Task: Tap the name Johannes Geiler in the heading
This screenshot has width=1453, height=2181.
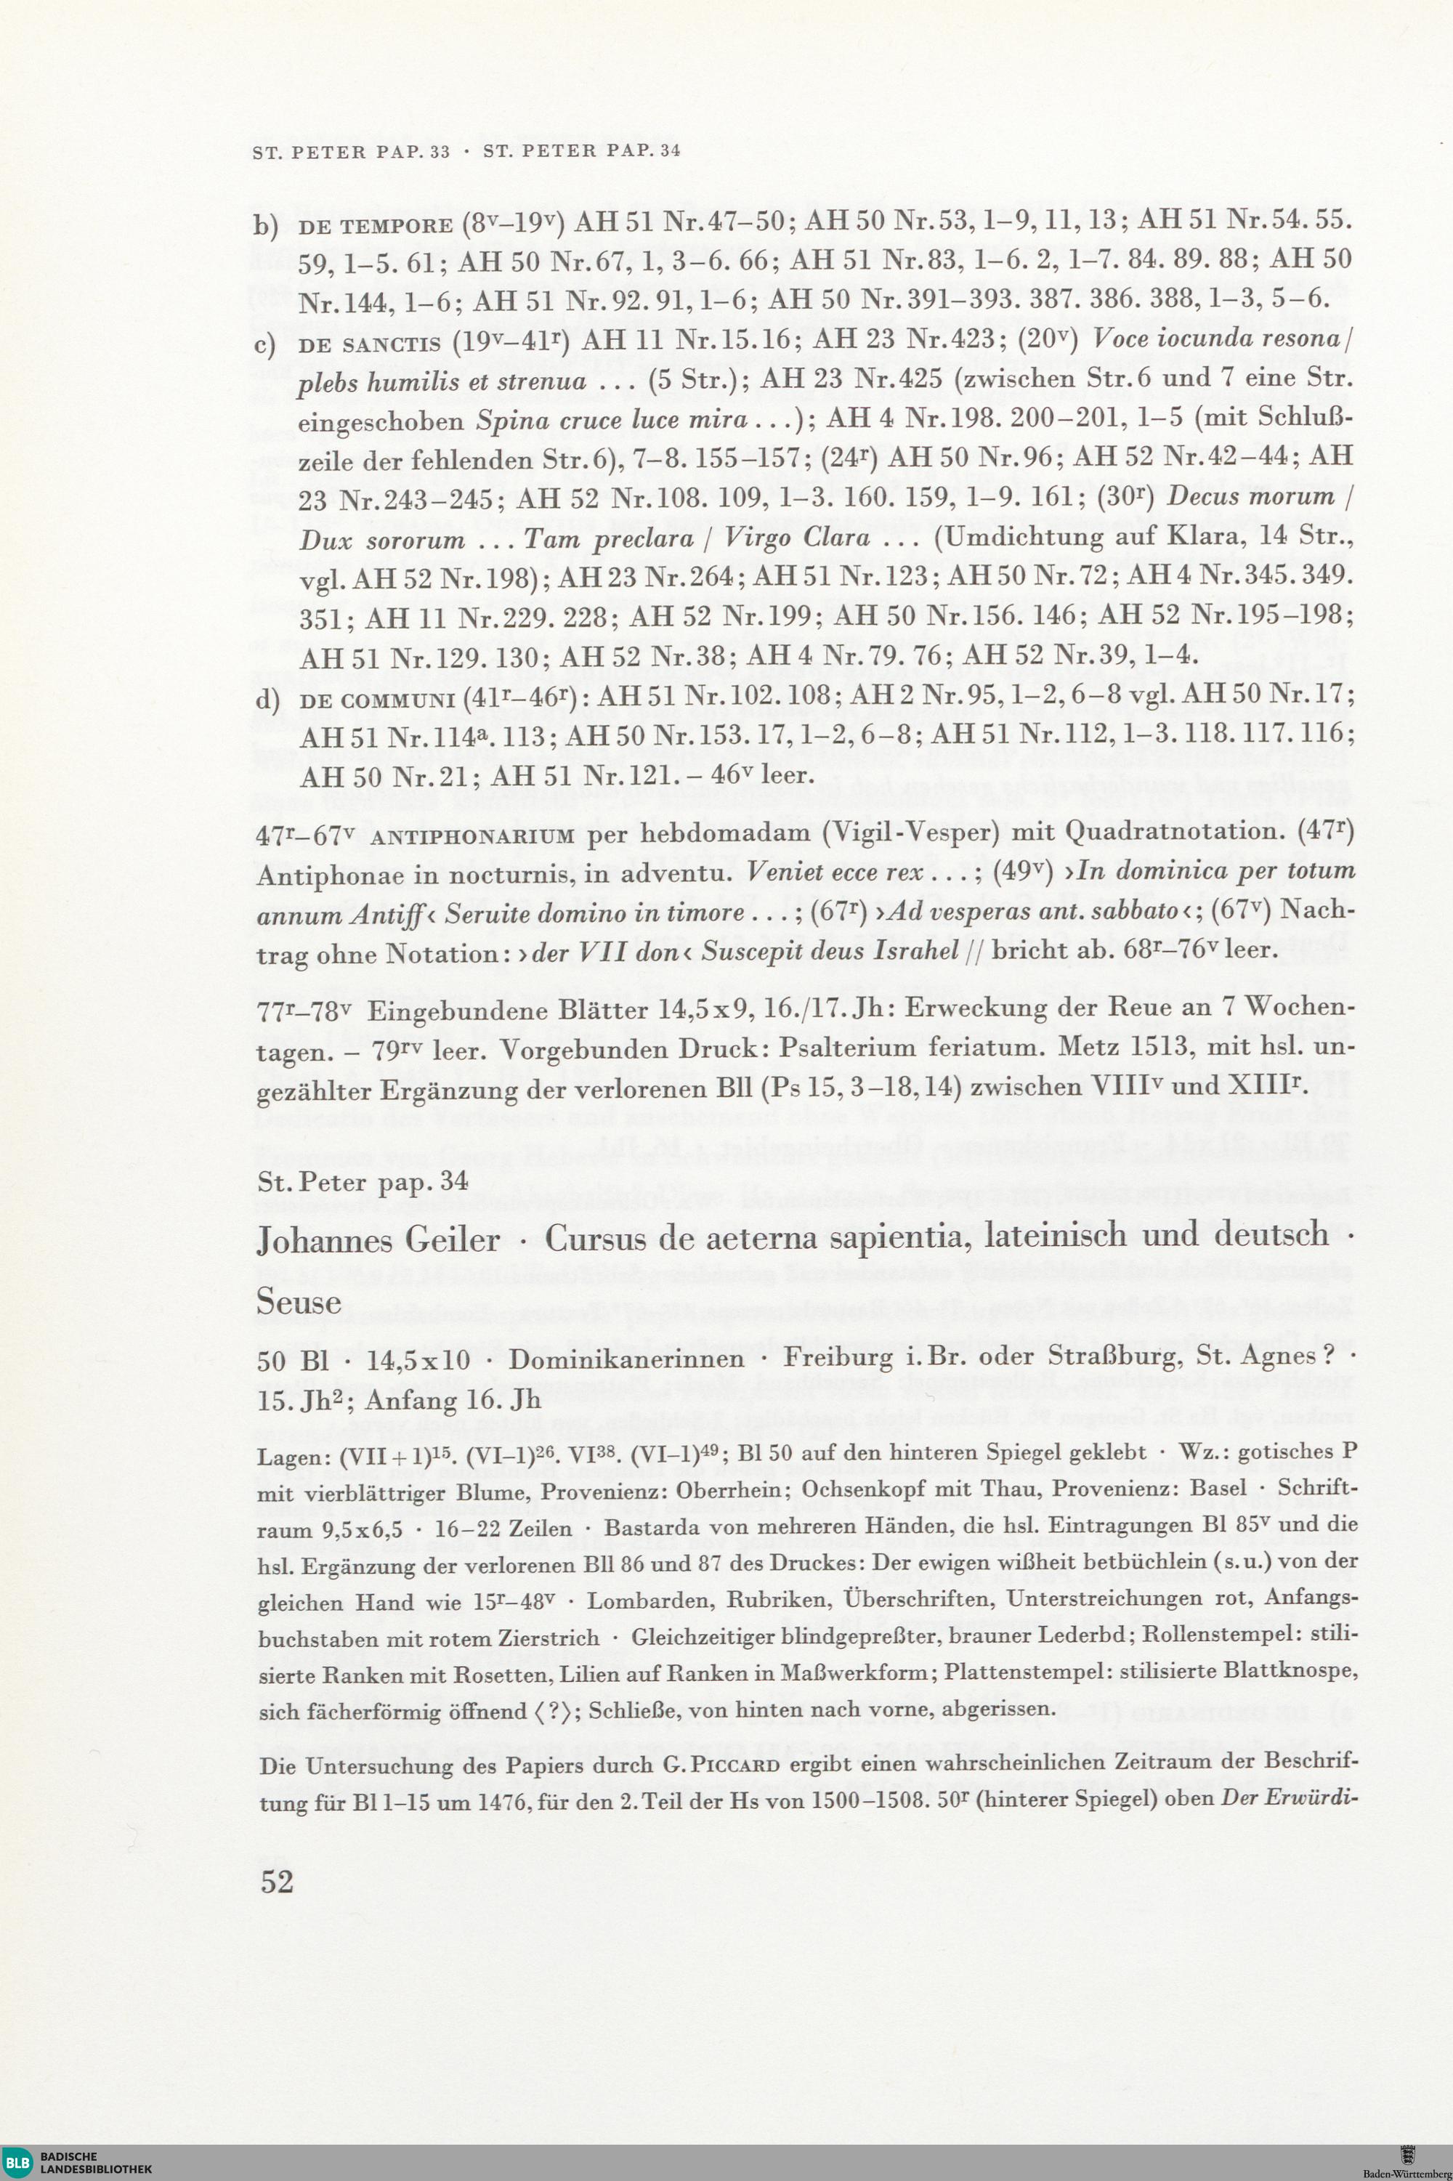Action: tap(378, 1239)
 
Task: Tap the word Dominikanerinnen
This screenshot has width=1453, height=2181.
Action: tap(626, 1359)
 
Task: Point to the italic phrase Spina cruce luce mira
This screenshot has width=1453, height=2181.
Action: tap(612, 420)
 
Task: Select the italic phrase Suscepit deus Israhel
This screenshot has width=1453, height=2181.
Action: tap(827, 953)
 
